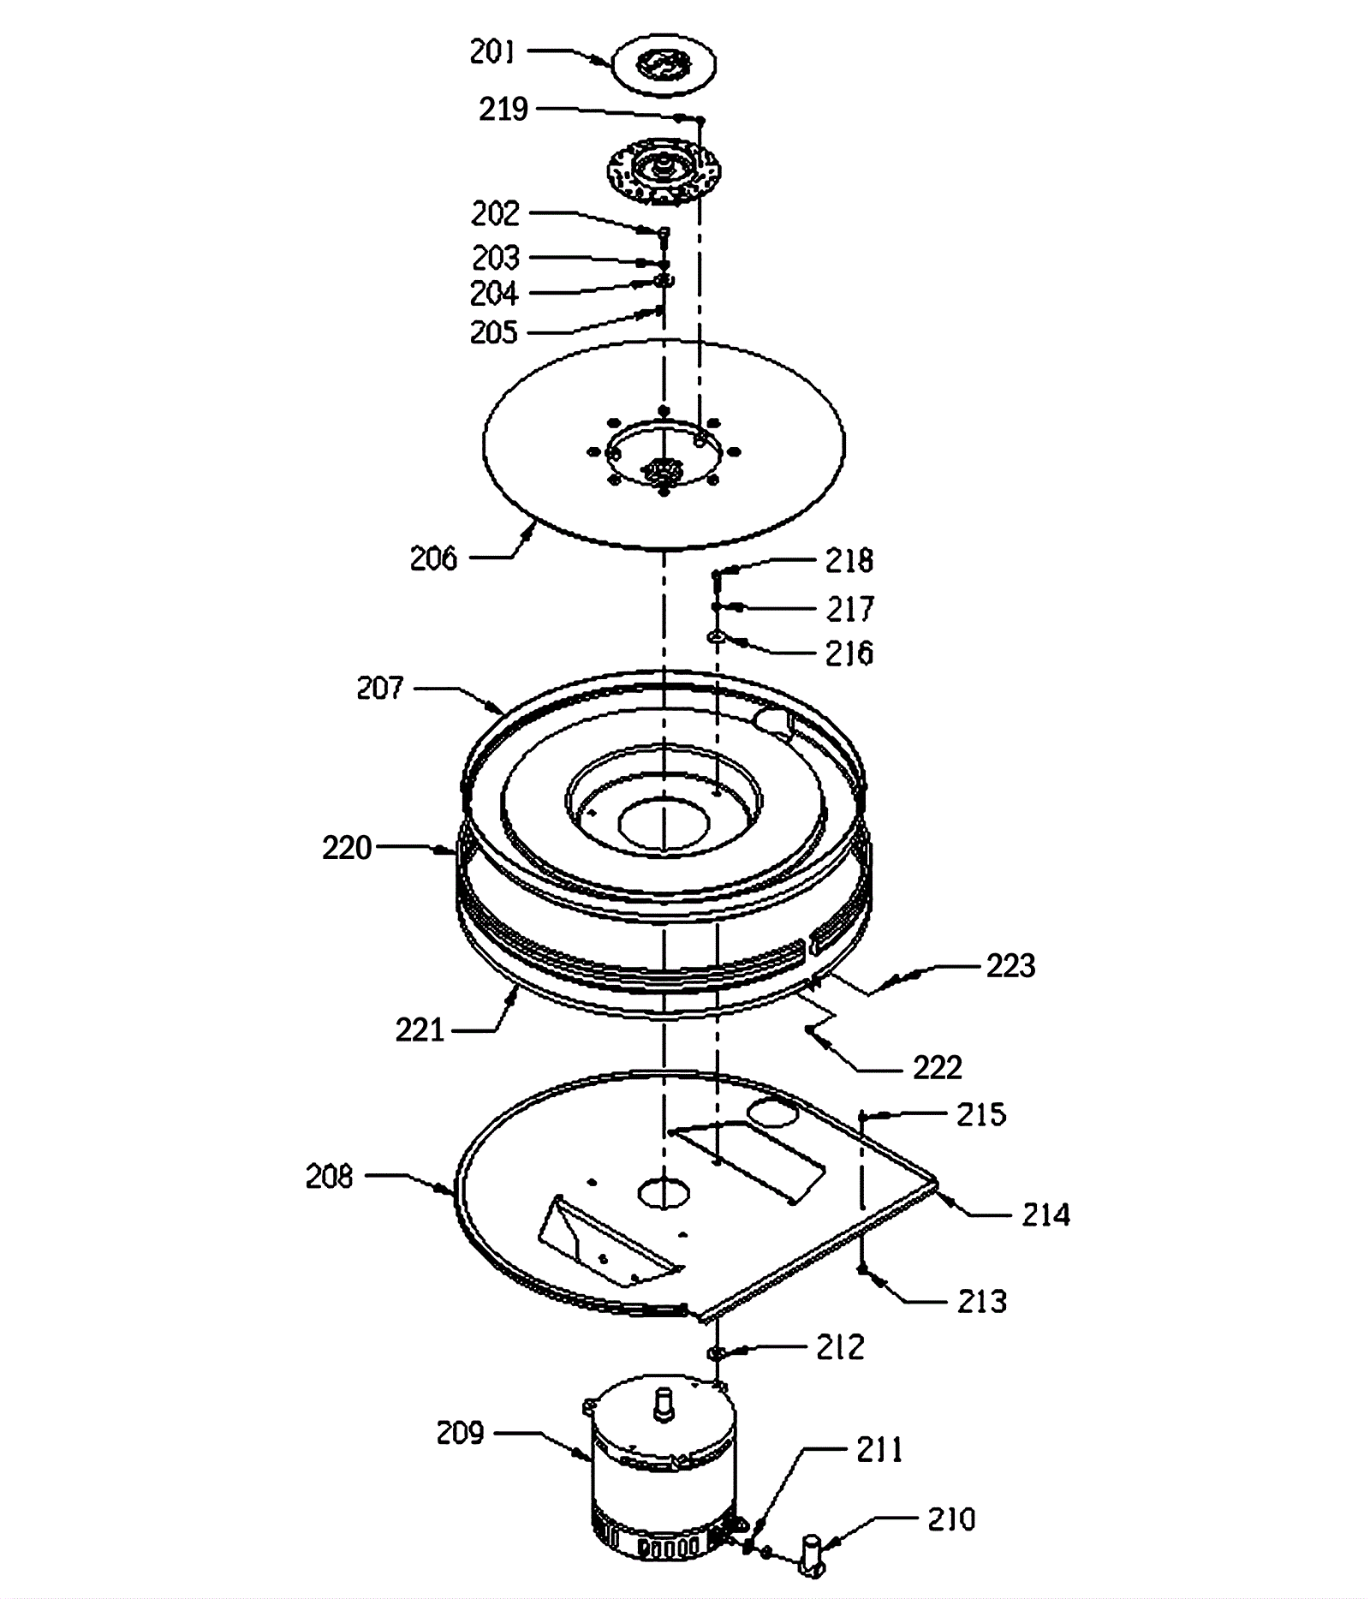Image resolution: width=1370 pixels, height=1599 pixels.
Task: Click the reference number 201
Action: click(x=492, y=52)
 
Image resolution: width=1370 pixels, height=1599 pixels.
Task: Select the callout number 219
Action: click(x=503, y=110)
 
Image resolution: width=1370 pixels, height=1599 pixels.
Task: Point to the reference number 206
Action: click(x=434, y=558)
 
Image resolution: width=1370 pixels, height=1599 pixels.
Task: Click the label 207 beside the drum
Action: click(x=380, y=688)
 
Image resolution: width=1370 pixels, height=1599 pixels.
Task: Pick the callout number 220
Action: click(x=347, y=848)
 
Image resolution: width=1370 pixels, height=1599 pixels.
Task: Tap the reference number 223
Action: click(x=1011, y=966)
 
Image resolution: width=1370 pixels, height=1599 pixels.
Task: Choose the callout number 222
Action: click(x=938, y=1068)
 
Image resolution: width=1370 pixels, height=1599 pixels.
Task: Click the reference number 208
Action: click(x=330, y=1177)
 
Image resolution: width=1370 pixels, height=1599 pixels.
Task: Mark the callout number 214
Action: click(x=1046, y=1214)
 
